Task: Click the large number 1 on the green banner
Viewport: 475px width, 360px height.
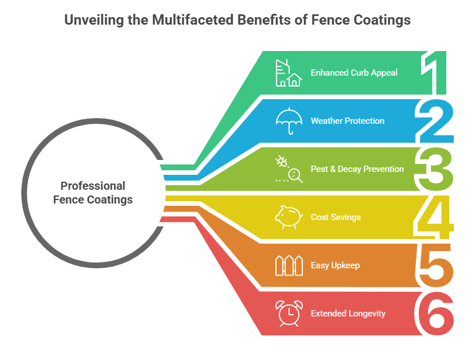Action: (x=434, y=73)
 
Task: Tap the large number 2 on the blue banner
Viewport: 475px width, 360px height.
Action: (x=436, y=121)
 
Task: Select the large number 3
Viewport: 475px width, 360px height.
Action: (x=436, y=169)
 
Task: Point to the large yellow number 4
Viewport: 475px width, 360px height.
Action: (x=435, y=217)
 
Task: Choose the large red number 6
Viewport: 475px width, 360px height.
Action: (x=436, y=314)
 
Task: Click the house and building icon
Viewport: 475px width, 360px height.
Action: (x=288, y=73)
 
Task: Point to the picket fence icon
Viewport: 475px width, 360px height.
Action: (x=288, y=265)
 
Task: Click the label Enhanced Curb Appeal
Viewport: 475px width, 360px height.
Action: (x=354, y=73)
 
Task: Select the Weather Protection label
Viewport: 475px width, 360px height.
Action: (x=348, y=121)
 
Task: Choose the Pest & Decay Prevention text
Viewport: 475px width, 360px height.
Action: (x=357, y=169)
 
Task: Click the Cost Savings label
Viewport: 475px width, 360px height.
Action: (x=336, y=217)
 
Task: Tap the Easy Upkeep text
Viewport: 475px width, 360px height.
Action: (x=335, y=265)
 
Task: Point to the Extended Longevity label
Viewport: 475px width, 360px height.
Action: (x=348, y=314)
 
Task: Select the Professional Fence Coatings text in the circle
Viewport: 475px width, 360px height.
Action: (x=93, y=193)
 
